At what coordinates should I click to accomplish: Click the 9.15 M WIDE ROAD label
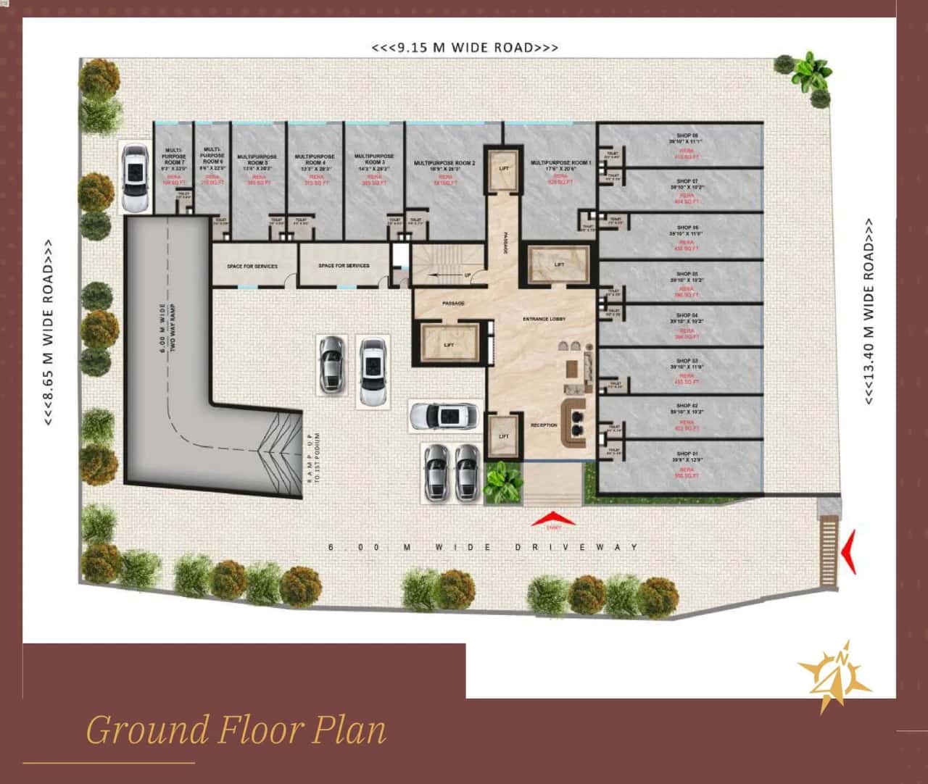click(465, 48)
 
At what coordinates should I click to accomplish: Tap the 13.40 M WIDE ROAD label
click(869, 312)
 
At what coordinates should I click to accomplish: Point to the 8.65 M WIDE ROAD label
click(48, 333)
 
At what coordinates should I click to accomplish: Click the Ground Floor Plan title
click(236, 730)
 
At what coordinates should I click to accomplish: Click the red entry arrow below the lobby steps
click(553, 519)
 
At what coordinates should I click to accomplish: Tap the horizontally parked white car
click(444, 417)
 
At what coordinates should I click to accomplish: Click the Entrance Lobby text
click(544, 319)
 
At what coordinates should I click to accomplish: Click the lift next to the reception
click(504, 436)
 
